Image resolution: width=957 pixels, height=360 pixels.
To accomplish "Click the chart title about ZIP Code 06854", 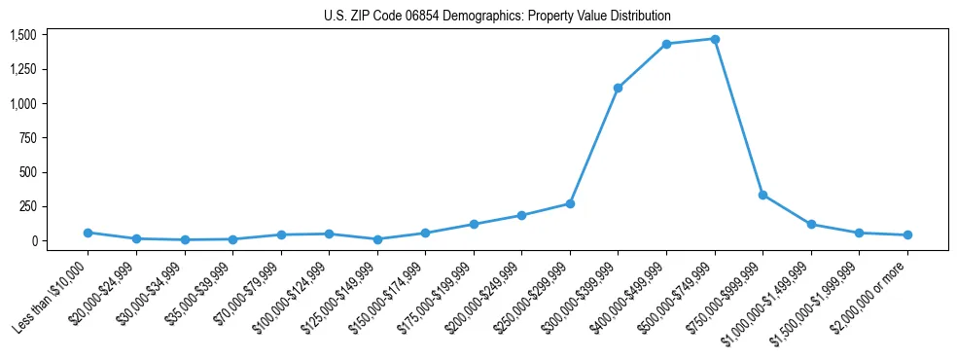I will [497, 17].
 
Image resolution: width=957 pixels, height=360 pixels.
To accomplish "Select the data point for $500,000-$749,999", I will [715, 39].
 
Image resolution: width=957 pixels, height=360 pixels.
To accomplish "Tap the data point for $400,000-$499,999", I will [666, 44].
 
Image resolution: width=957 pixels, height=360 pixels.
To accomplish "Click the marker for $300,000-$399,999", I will [619, 88].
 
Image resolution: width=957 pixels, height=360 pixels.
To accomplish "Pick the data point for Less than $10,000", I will [88, 233].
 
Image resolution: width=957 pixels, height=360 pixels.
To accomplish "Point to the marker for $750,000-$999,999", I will [762, 195].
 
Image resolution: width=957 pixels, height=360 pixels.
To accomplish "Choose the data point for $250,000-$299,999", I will [570, 203].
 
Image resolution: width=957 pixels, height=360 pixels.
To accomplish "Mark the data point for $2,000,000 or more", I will [907, 234].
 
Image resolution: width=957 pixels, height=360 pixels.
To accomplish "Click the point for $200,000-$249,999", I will [521, 215].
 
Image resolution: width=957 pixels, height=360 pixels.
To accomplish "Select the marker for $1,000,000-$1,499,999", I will [811, 224].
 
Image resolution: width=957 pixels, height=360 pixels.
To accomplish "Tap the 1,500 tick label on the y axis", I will [23, 35].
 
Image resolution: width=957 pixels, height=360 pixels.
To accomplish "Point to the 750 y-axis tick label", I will [28, 138].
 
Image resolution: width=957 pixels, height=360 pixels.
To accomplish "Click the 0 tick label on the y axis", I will [34, 241].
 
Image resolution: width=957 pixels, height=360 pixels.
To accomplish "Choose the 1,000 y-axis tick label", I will [23, 104].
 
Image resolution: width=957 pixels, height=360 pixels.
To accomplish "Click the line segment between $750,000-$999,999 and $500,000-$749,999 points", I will [739, 117].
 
